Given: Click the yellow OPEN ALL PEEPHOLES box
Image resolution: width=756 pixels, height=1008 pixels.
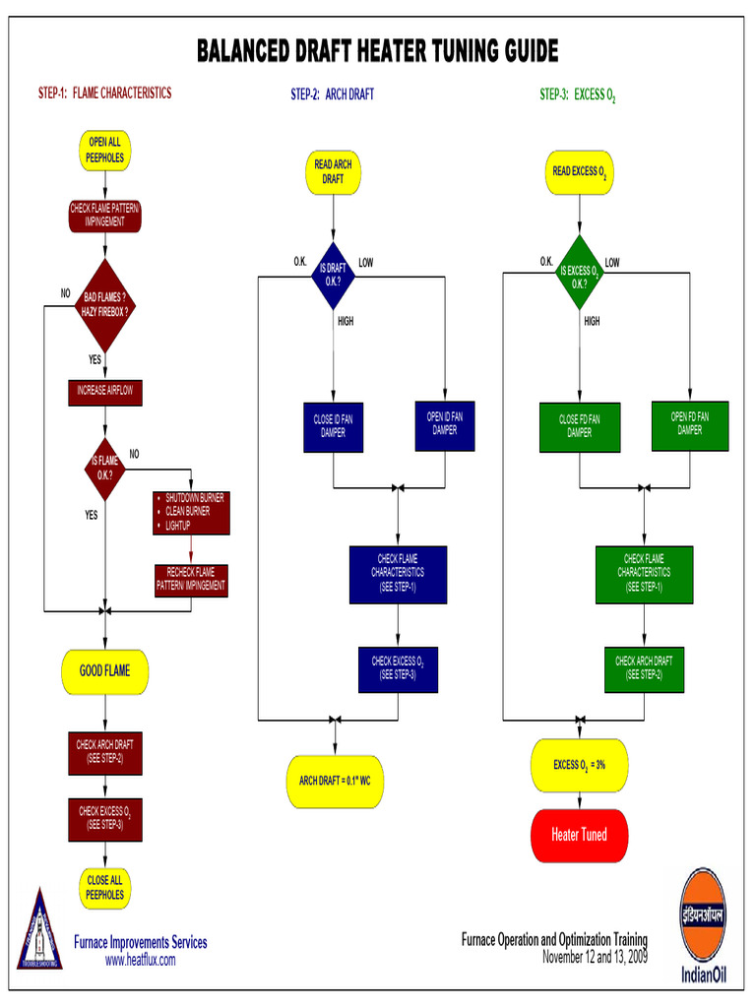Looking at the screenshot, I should [104, 150].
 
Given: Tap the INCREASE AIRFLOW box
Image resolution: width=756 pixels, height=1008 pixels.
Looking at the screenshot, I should [104, 391].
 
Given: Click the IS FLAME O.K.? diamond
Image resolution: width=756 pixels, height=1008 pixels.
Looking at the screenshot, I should [104, 467].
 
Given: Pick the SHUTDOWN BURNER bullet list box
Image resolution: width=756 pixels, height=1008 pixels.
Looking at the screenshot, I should [191, 512].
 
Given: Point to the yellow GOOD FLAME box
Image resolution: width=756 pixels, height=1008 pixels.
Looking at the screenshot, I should [104, 671].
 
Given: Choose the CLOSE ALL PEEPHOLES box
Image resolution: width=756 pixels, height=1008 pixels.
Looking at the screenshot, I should [104, 887].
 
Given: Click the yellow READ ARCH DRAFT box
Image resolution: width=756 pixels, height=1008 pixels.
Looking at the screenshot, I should [333, 171].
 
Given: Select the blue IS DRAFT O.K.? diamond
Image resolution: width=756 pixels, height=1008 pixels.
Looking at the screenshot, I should [333, 275].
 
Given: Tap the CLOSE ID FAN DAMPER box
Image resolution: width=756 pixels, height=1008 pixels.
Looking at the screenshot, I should [333, 425].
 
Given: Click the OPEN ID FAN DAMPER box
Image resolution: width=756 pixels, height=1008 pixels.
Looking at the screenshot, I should [444, 423].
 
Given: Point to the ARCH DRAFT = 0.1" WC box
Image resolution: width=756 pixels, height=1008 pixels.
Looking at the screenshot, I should [335, 781].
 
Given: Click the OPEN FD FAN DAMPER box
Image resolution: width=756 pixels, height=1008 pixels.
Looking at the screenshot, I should [690, 423].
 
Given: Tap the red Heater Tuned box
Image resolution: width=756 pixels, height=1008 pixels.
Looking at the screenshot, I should [579, 835].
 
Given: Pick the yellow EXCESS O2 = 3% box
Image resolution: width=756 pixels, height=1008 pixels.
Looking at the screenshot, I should [579, 765].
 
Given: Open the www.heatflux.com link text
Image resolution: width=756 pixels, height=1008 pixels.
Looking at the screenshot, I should [141, 960].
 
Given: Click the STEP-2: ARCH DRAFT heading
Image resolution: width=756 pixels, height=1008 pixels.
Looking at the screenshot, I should [332, 94].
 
